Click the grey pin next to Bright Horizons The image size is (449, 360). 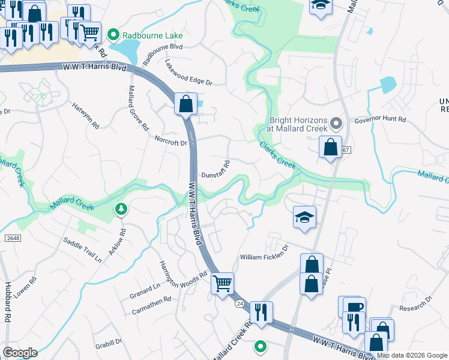point(336,125)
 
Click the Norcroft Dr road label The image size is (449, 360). point(170,143)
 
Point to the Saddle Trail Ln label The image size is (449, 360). point(82,249)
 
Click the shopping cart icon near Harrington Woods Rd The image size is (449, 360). point(222,283)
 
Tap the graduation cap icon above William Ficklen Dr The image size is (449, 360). point(305,217)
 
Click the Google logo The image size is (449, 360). point(20,353)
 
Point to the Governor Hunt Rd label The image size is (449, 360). point(380,119)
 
